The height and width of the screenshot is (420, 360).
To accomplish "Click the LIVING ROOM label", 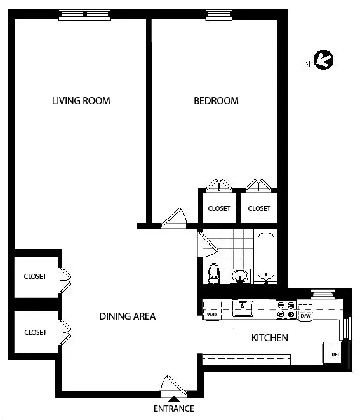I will pos(81,100).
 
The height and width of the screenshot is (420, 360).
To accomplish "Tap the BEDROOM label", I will pos(216,100).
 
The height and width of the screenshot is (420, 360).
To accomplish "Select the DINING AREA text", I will pos(127,316).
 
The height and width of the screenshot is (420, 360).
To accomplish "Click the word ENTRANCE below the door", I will pos(173,409).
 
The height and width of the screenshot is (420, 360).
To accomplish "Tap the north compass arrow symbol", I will pos(324,61).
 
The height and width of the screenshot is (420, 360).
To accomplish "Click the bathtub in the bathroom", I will pos(266,258).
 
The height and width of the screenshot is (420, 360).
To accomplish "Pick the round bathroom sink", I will pos(240,276).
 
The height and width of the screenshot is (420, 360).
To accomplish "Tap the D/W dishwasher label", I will pos(305,315).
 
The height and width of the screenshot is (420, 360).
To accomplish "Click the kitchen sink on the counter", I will pos(243,309).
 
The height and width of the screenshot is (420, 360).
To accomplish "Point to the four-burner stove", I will pos(286,309).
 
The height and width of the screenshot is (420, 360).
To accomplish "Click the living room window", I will pos(84,15).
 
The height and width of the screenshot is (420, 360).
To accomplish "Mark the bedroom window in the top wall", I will pos(216,15).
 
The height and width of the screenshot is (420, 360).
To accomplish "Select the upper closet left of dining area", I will pos(35,276).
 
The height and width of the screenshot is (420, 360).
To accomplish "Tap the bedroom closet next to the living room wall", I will pos(218,208).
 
